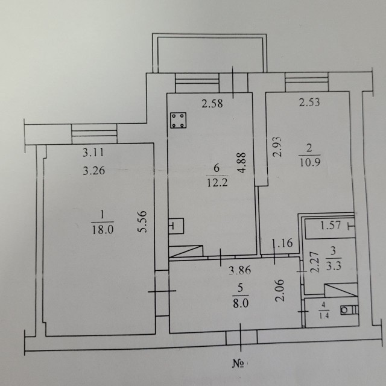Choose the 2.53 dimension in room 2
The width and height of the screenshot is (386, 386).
pos(310,103)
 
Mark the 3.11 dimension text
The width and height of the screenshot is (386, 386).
pos(93,153)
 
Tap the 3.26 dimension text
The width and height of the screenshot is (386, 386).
pos(93,170)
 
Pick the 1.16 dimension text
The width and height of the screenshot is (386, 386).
pos(282,244)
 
